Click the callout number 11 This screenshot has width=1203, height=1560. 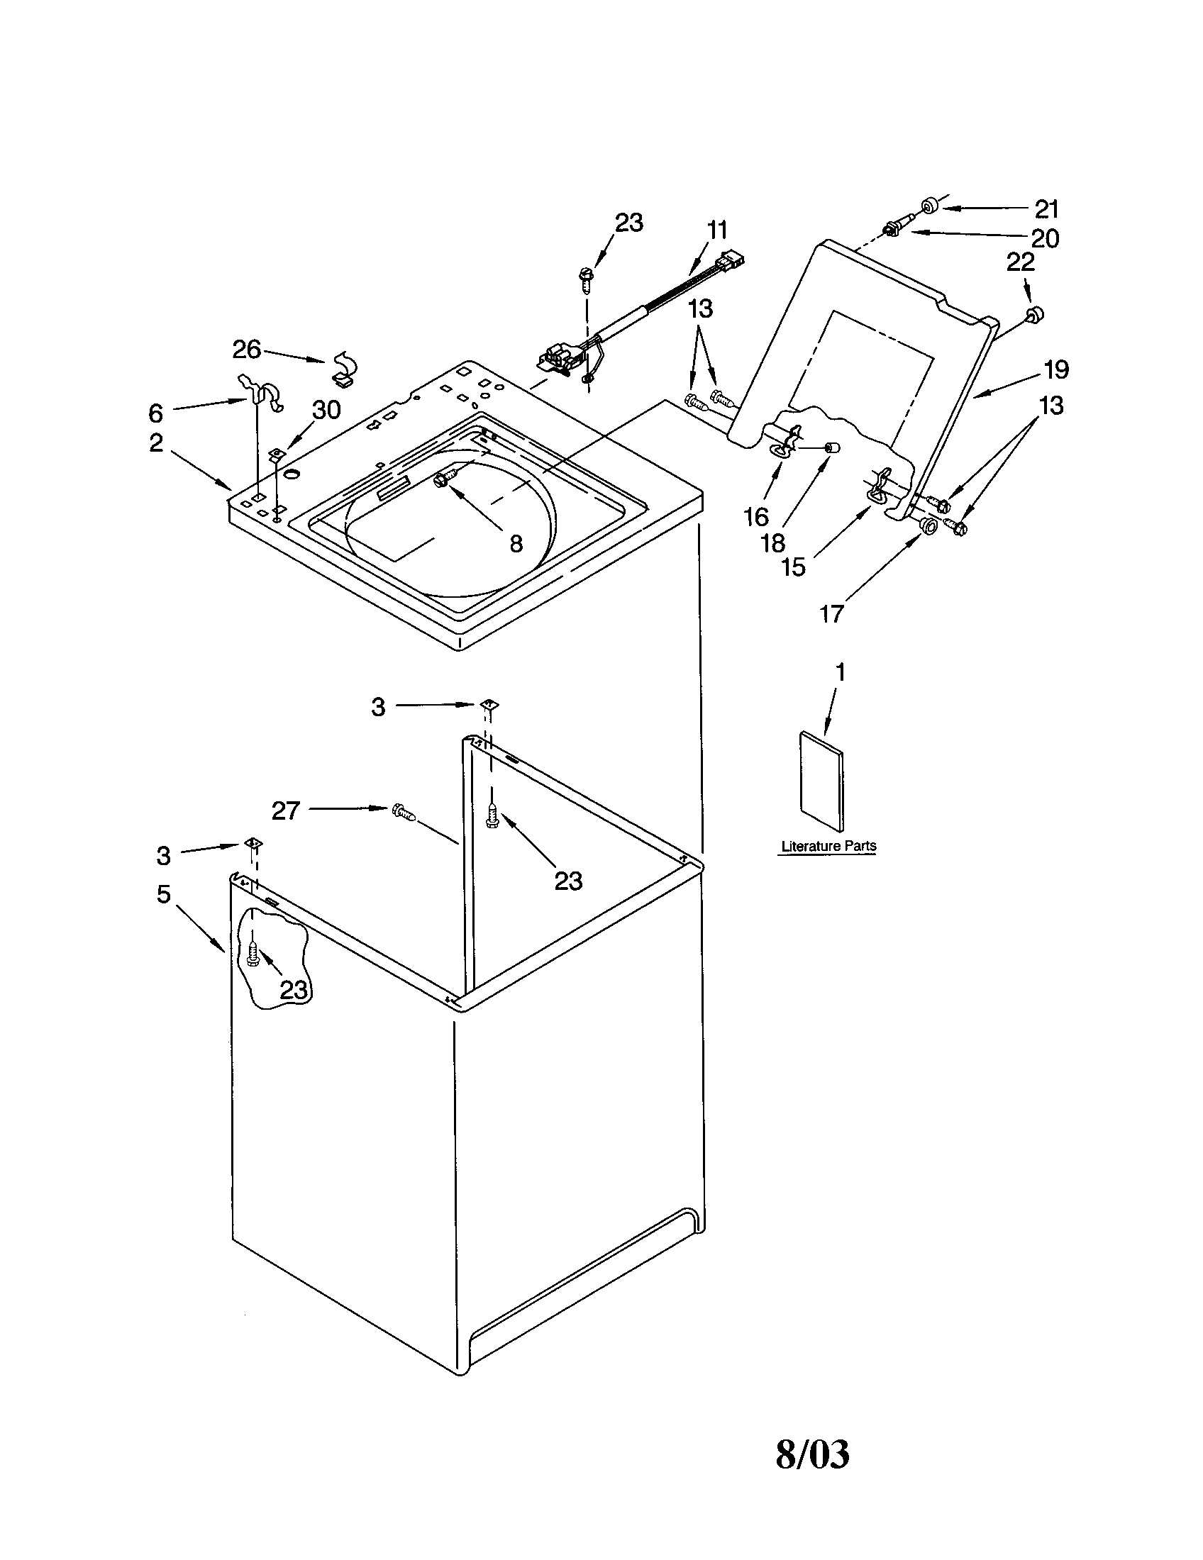pos(716,230)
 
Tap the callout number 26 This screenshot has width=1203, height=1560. pos(246,350)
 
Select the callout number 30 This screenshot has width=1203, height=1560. pos(326,410)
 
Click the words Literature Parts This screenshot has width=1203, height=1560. pos(828,847)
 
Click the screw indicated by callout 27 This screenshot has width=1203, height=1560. pos(403,811)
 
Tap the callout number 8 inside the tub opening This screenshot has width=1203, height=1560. pos(516,545)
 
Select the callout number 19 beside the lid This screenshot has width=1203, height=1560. pos(1056,369)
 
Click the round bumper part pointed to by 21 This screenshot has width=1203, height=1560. pos(929,206)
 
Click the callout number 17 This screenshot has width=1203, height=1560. pos(831,613)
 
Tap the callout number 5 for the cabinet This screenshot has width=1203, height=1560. pos(164,893)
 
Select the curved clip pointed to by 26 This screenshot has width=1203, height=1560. pos(345,367)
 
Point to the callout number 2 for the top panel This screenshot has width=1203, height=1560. pos(157,444)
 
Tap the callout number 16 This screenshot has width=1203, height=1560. pos(756,517)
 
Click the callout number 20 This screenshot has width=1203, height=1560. pos(1044,238)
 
